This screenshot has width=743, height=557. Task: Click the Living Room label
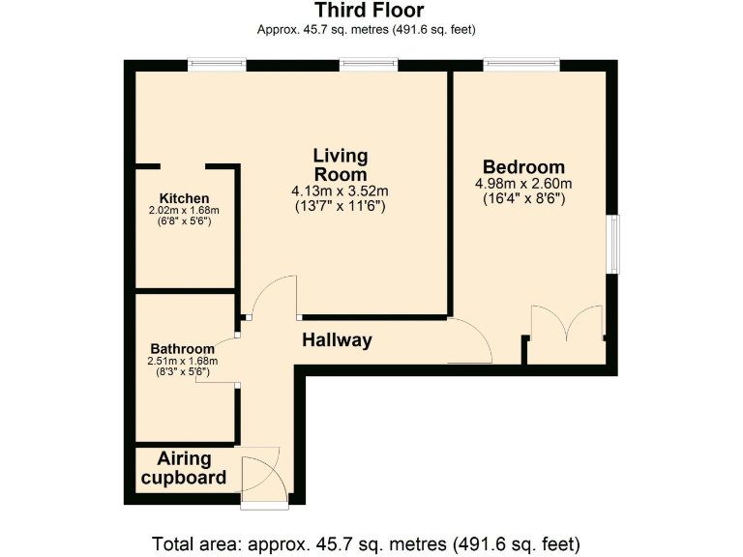click(x=341, y=164)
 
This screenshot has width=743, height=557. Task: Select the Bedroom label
click(x=523, y=167)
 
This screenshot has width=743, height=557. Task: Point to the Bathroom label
click(x=182, y=349)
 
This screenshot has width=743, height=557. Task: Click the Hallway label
click(x=337, y=340)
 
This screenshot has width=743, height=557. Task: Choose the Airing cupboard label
click(x=184, y=468)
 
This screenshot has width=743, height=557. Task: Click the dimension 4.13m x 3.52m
click(x=340, y=191)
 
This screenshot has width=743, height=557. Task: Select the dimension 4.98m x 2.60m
click(x=523, y=184)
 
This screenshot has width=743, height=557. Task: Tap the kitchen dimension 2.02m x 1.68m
click(x=184, y=211)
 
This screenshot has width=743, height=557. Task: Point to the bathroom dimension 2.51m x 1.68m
click(x=182, y=362)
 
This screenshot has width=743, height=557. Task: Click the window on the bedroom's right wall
click(x=613, y=245)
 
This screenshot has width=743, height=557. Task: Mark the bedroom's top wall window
click(x=521, y=65)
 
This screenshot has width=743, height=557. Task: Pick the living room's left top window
click(x=217, y=65)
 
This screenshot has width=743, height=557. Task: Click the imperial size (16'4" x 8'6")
click(x=523, y=198)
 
